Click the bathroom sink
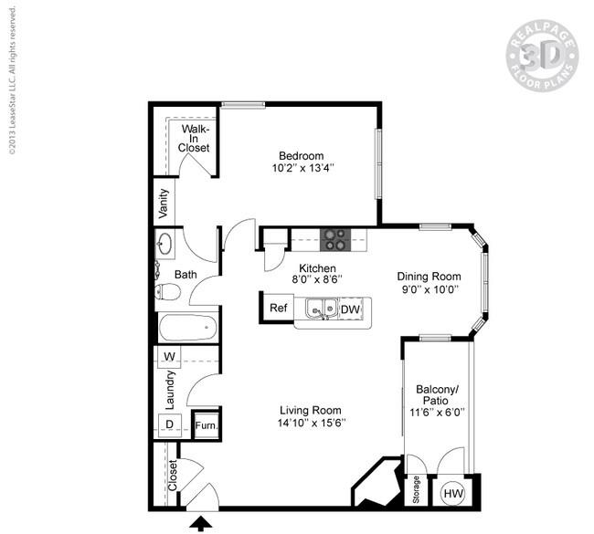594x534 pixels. pos(165,245)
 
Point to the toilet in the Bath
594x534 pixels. pos(165,292)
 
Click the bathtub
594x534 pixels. pos(186,328)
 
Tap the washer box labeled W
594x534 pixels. pos(169,356)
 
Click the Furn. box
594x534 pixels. pos(207,425)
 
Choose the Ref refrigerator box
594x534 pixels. pos(279,309)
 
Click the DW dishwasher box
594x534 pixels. pos(350,309)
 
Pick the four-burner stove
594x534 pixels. pos(334,239)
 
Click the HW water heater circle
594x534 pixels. pos(452,493)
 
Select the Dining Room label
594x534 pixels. pos(428,277)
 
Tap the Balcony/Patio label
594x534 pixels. pos(438,395)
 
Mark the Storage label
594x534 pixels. pos(416,490)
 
